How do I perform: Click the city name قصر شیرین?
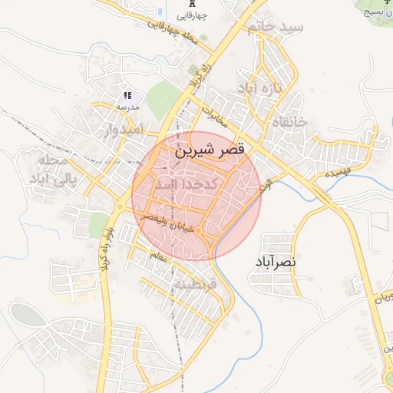pyautogui.click(x=210, y=150)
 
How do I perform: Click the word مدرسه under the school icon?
pyautogui.click(x=127, y=107)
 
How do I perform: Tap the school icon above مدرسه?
pyautogui.click(x=127, y=95)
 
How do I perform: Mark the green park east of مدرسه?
pyautogui.click(x=163, y=100)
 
